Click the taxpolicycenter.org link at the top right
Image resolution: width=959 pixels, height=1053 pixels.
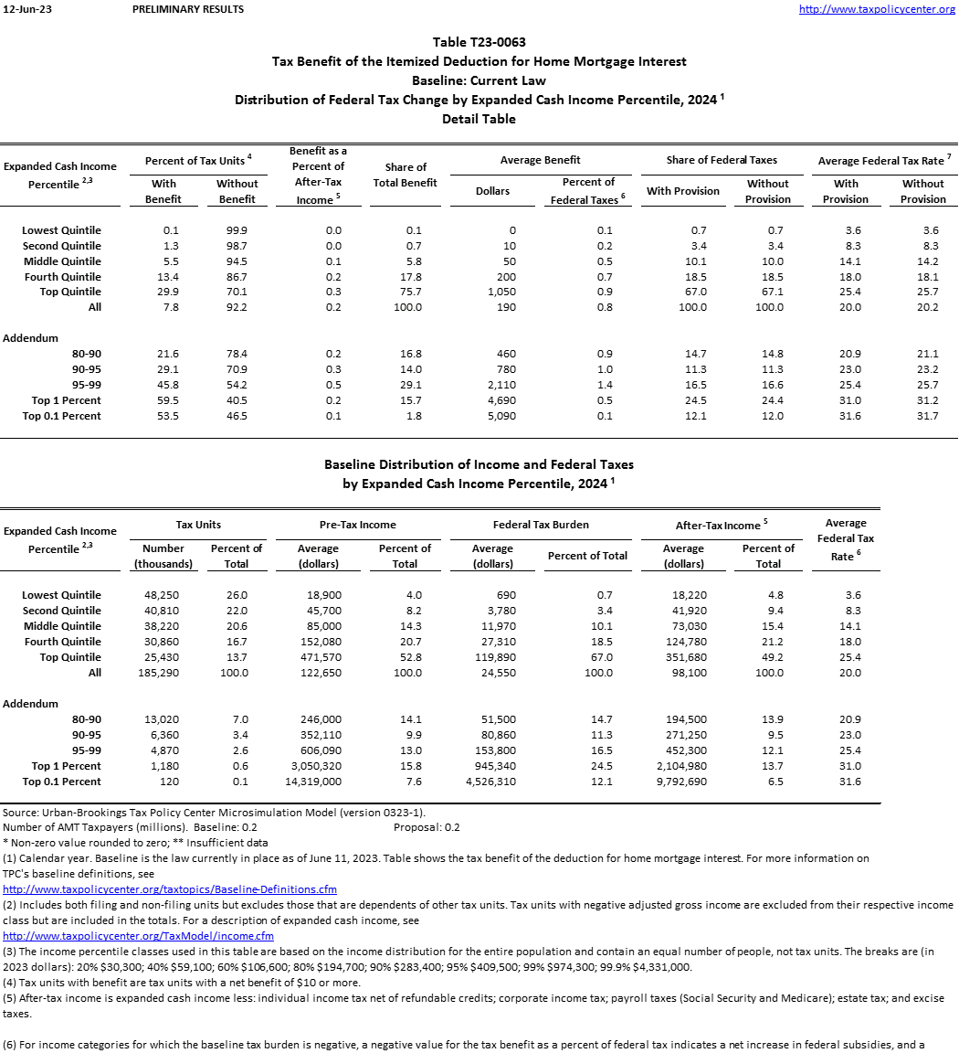click(877, 9)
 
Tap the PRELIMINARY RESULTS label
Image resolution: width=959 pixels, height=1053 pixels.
click(188, 9)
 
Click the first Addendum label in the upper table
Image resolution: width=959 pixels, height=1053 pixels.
click(30, 338)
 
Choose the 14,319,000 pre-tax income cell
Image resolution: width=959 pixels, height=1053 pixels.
click(314, 782)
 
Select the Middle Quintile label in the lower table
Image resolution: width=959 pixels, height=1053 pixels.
click(62, 626)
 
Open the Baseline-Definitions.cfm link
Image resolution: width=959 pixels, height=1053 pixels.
click(170, 889)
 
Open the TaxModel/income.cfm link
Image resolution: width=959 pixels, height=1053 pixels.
click(138, 936)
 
